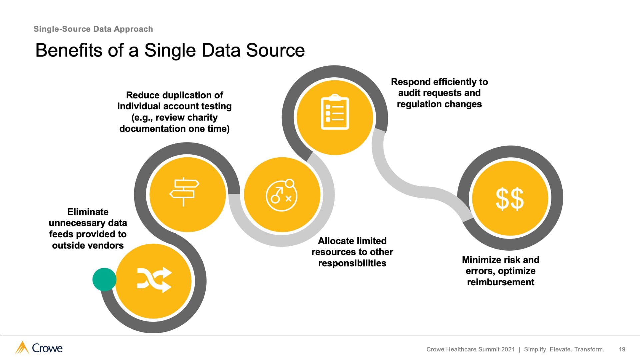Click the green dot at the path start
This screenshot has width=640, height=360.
pos(104,279)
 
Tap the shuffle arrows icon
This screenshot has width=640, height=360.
pos(154,280)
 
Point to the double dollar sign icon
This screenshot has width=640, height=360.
pos(510,199)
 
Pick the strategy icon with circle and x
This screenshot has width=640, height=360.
pos(282,195)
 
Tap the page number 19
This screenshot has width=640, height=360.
pos(622,349)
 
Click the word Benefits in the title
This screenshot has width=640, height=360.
pos(69,51)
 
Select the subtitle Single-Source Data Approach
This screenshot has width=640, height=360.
pos(93,29)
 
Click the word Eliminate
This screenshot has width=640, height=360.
pos(88,212)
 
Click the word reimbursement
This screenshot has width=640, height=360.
pos(500,282)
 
